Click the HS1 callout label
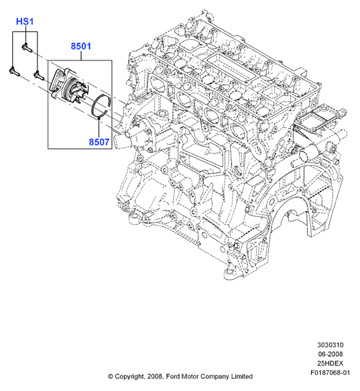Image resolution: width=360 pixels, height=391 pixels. coord(25,21)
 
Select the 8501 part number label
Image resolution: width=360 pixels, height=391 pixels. coord(81,46)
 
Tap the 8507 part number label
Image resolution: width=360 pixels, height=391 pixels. coord(99,142)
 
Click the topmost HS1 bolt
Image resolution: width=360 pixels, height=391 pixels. coord(27,48)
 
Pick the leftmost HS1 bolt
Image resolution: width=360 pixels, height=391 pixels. coord(14,72)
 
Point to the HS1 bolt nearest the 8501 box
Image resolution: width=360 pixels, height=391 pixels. coord(39,76)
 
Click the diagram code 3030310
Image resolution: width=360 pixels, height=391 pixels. coord(330,345)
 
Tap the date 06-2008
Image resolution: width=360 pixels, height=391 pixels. coord(330,354)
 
